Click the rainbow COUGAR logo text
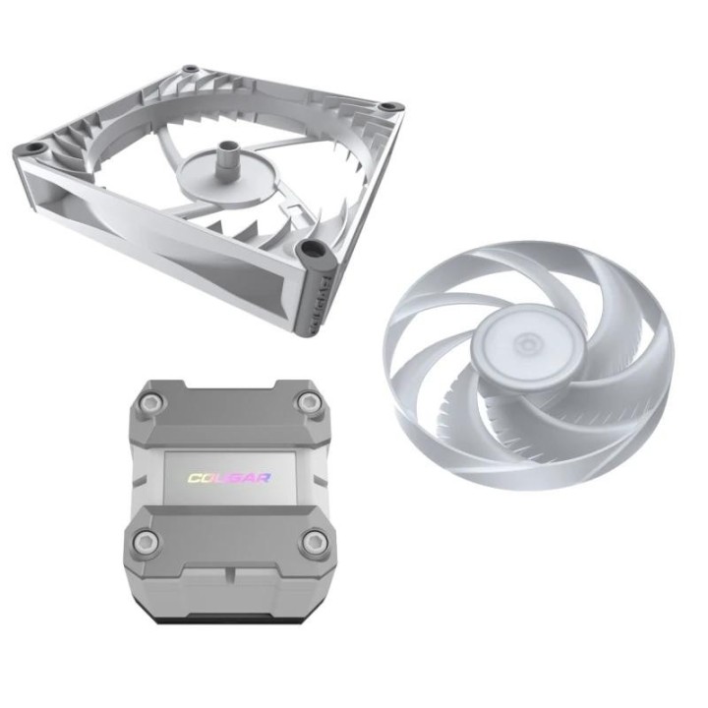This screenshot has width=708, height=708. click(x=229, y=479)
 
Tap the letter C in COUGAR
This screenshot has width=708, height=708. click(x=195, y=479)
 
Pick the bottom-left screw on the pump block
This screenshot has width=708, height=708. click(x=146, y=540)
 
